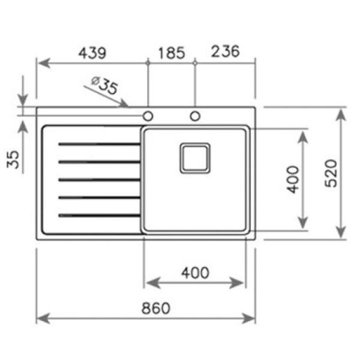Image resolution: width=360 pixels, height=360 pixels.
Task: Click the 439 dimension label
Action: point(92,53)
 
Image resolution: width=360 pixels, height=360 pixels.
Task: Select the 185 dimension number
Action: point(172,53)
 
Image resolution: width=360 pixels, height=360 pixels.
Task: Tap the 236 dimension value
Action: point(225,51)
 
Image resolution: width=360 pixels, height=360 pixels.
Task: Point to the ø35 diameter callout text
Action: point(104,85)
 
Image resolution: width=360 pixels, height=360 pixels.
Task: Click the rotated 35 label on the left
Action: point(13,160)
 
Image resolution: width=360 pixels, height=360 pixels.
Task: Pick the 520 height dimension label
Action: point(331,173)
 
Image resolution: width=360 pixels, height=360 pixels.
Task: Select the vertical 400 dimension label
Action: point(293,179)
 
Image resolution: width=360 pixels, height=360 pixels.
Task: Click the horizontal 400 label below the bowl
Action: point(195,273)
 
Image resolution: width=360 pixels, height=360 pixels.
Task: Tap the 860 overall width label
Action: point(156,308)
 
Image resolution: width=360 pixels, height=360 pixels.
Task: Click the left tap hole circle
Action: point(148,116)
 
